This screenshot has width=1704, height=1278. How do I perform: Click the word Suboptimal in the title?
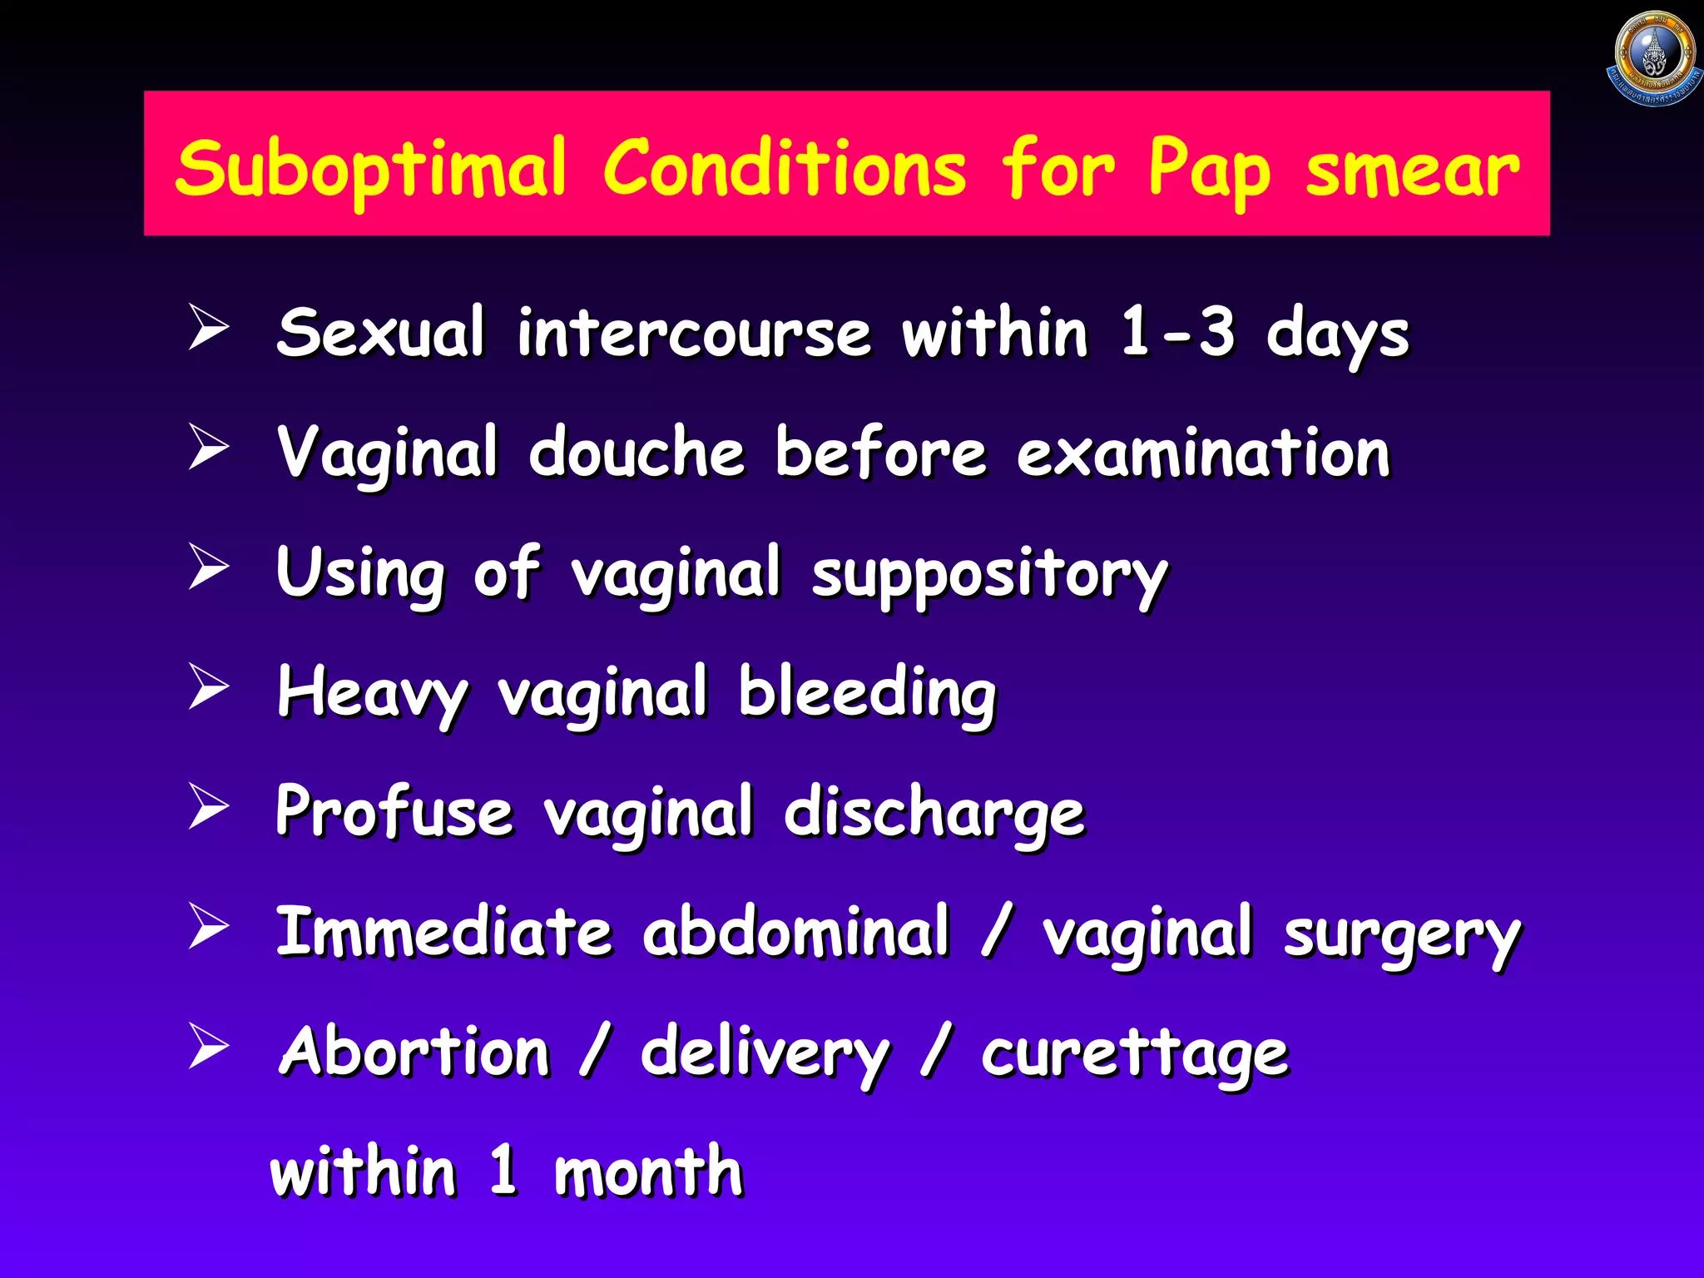coord(371,170)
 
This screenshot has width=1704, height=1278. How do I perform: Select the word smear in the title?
coord(1412,170)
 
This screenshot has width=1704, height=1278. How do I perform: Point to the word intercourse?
coord(694,333)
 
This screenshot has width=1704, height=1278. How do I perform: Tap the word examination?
coord(1203,453)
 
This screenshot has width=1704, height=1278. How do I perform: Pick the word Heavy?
coord(371,694)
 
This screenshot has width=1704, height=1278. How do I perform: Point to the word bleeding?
coord(867,694)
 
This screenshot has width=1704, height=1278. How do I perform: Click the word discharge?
coord(934,814)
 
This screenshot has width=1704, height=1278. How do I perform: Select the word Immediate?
coord(444,931)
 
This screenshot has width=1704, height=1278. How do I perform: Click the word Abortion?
coord(414,1052)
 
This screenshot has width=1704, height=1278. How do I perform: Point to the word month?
coord(648,1171)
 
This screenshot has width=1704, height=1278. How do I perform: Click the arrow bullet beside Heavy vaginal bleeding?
coord(208,687)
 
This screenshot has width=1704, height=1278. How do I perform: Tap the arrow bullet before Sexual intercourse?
coord(208,327)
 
